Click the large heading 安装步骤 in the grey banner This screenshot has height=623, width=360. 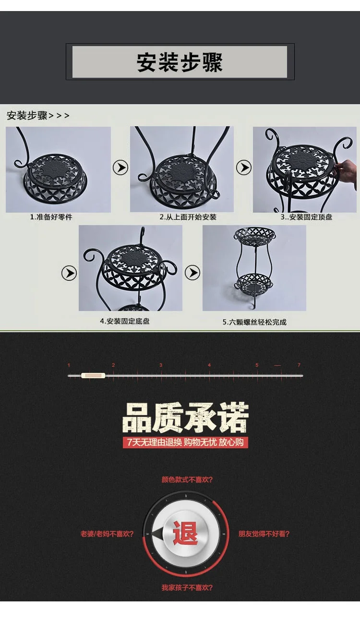(x=180, y=62)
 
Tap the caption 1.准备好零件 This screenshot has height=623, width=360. (x=51, y=217)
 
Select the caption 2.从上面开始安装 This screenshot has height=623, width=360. (x=188, y=217)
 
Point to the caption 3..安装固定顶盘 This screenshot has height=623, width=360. (x=306, y=217)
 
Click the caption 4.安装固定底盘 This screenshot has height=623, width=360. (x=125, y=321)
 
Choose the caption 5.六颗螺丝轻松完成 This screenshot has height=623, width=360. (x=254, y=322)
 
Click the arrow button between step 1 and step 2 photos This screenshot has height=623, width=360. (x=120, y=168)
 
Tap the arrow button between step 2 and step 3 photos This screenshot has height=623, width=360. (x=244, y=168)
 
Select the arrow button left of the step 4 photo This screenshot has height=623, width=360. (x=69, y=273)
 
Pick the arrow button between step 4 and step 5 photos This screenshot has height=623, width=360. (x=192, y=273)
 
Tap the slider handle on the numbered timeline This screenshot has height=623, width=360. (x=93, y=375)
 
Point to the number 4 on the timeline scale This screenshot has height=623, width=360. (x=209, y=365)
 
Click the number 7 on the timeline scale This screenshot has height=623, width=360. (x=299, y=365)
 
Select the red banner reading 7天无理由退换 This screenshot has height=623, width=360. (x=185, y=442)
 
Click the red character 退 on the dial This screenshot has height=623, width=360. (x=185, y=533)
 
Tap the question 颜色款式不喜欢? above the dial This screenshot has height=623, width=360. (x=187, y=480)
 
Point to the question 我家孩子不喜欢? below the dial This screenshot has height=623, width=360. (x=187, y=587)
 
